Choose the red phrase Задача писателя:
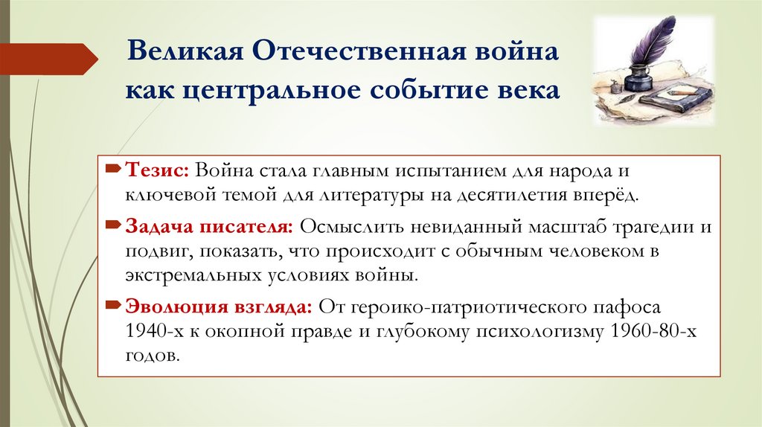tap(209, 225)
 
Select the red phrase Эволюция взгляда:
tap(218, 307)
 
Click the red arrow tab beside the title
tap(48, 59)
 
